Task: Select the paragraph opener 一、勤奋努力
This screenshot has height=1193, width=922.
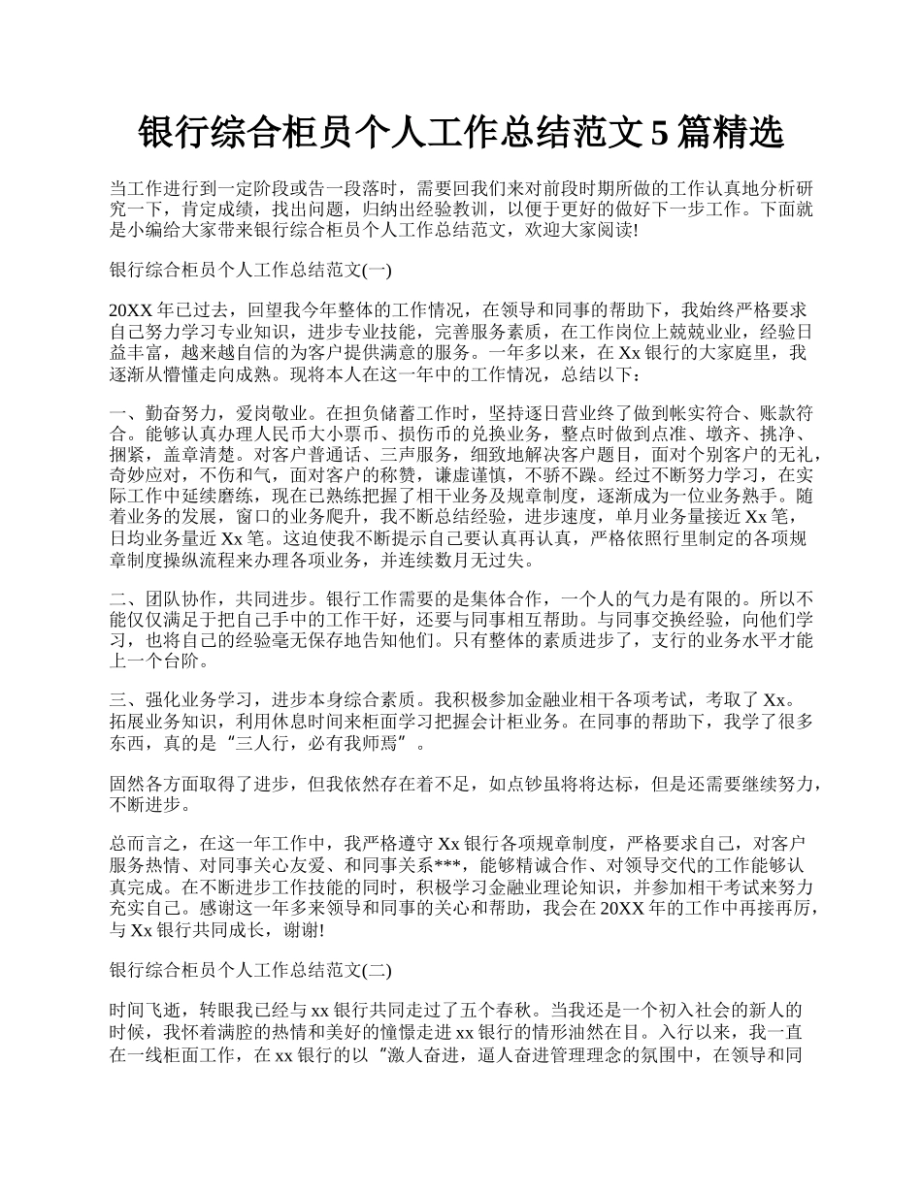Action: (167, 413)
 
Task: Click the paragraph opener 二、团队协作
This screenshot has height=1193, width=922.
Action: (167, 598)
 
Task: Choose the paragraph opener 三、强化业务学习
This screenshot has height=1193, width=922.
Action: (184, 701)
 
